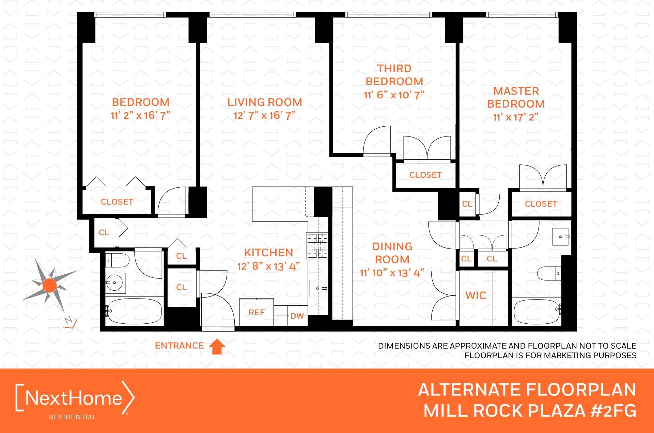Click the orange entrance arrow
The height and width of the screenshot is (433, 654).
217,347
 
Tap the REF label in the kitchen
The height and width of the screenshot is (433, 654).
256,312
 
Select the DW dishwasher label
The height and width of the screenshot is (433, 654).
297,316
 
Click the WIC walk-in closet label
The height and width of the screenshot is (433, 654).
476,295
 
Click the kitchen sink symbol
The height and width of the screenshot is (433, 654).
317,288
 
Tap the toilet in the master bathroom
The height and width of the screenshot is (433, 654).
548,273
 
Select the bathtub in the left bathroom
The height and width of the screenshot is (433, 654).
134,311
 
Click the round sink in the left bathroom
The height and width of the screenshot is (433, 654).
114,283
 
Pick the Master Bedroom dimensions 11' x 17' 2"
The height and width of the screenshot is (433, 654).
516,117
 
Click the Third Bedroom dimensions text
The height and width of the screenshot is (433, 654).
394,95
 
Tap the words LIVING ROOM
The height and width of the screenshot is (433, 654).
265,102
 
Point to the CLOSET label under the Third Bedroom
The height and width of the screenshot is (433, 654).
425,175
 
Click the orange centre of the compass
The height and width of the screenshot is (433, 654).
50,285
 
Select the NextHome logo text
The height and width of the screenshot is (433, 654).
74,398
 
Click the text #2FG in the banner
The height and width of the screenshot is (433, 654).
613,411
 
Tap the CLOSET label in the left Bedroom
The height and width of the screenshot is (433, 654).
117,202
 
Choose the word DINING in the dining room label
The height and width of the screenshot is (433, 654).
392,246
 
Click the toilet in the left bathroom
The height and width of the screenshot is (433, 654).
118,261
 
